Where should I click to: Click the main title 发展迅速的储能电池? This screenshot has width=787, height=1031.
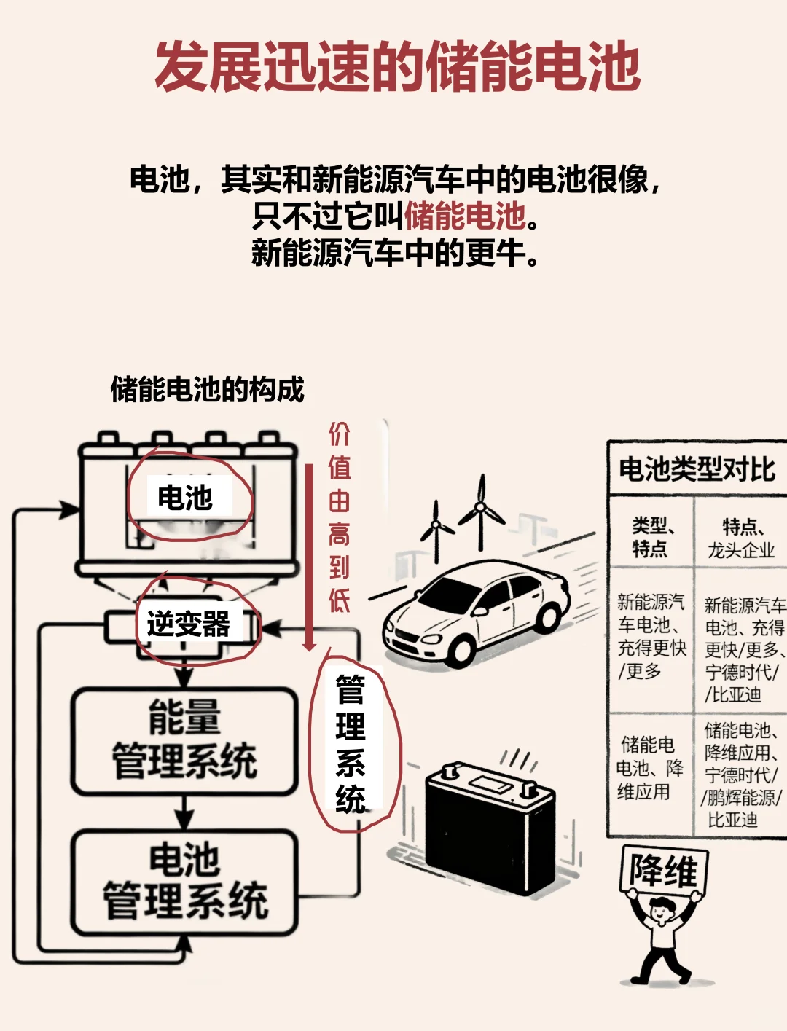[x=397, y=67]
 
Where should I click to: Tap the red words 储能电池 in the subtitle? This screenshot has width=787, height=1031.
[x=464, y=216]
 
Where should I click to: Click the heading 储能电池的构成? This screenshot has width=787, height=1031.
[x=207, y=390]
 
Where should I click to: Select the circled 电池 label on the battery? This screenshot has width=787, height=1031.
[x=185, y=498]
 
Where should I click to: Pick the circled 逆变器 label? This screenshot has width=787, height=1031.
[x=189, y=624]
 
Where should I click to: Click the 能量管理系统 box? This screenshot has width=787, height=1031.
[x=184, y=740]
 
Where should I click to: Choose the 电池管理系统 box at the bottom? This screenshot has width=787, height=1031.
[x=184, y=881]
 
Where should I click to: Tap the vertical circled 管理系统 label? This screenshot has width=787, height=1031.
[x=351, y=743]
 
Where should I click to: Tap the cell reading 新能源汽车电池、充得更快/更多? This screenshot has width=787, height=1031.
[x=651, y=635]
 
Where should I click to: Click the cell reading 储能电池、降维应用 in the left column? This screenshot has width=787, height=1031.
[x=648, y=768]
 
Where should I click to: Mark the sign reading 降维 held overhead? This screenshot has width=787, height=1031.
[x=663, y=871]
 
